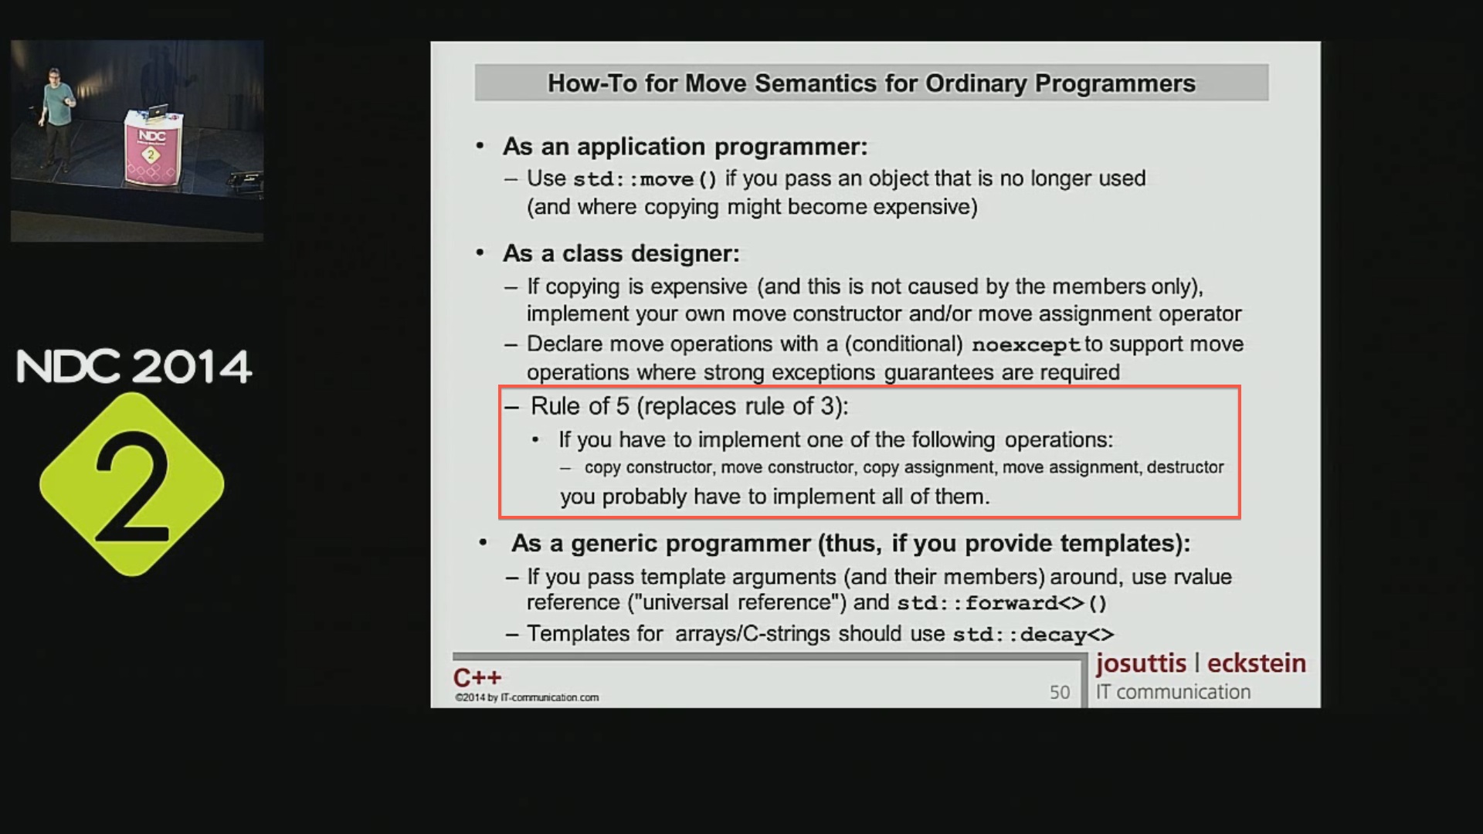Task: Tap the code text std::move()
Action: (x=645, y=179)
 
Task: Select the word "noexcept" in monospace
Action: (x=1026, y=345)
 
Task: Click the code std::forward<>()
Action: (x=1002, y=603)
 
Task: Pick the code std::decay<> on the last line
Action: (x=1033, y=635)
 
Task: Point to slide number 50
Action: (x=1060, y=692)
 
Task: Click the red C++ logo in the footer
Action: (x=477, y=677)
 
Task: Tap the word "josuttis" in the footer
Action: (x=1141, y=663)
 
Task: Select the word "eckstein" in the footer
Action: (x=1257, y=663)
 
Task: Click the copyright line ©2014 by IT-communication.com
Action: (x=527, y=697)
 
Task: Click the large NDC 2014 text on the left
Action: (x=134, y=367)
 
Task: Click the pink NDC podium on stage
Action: (x=153, y=147)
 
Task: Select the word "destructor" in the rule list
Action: (x=1186, y=467)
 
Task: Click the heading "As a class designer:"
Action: (x=621, y=253)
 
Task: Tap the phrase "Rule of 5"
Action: (x=580, y=406)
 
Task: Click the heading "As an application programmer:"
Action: (x=685, y=147)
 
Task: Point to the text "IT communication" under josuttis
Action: (x=1173, y=692)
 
